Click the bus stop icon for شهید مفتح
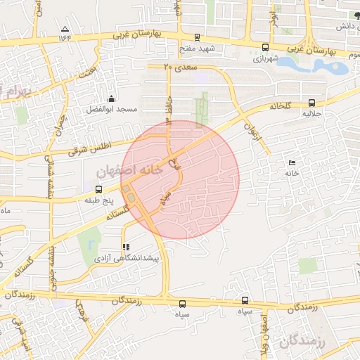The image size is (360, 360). (x=197, y=38)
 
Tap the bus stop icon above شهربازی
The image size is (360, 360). (x=264, y=49)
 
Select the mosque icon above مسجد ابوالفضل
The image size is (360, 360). (x=110, y=98)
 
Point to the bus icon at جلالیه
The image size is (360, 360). (x=312, y=102)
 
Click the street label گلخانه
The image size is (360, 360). (x=280, y=105)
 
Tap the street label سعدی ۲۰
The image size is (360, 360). (x=178, y=67)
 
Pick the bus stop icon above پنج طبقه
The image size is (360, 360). (x=98, y=189)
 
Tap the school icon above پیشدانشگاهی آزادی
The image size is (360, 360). (x=125, y=247)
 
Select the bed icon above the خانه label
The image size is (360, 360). (x=292, y=163)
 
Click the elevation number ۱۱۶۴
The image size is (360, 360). (x=66, y=38)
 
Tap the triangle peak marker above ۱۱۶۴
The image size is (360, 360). (x=65, y=29)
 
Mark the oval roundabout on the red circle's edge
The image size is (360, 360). (x=131, y=193)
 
